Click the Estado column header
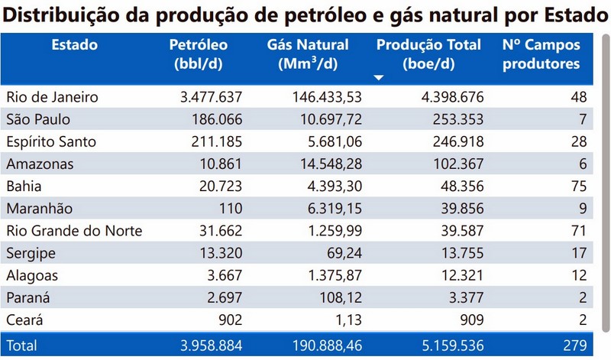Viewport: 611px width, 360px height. coord(74,45)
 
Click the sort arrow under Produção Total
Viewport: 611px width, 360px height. coord(379,78)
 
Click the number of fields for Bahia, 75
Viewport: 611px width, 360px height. coord(577,186)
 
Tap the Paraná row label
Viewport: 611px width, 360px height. coord(28,297)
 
